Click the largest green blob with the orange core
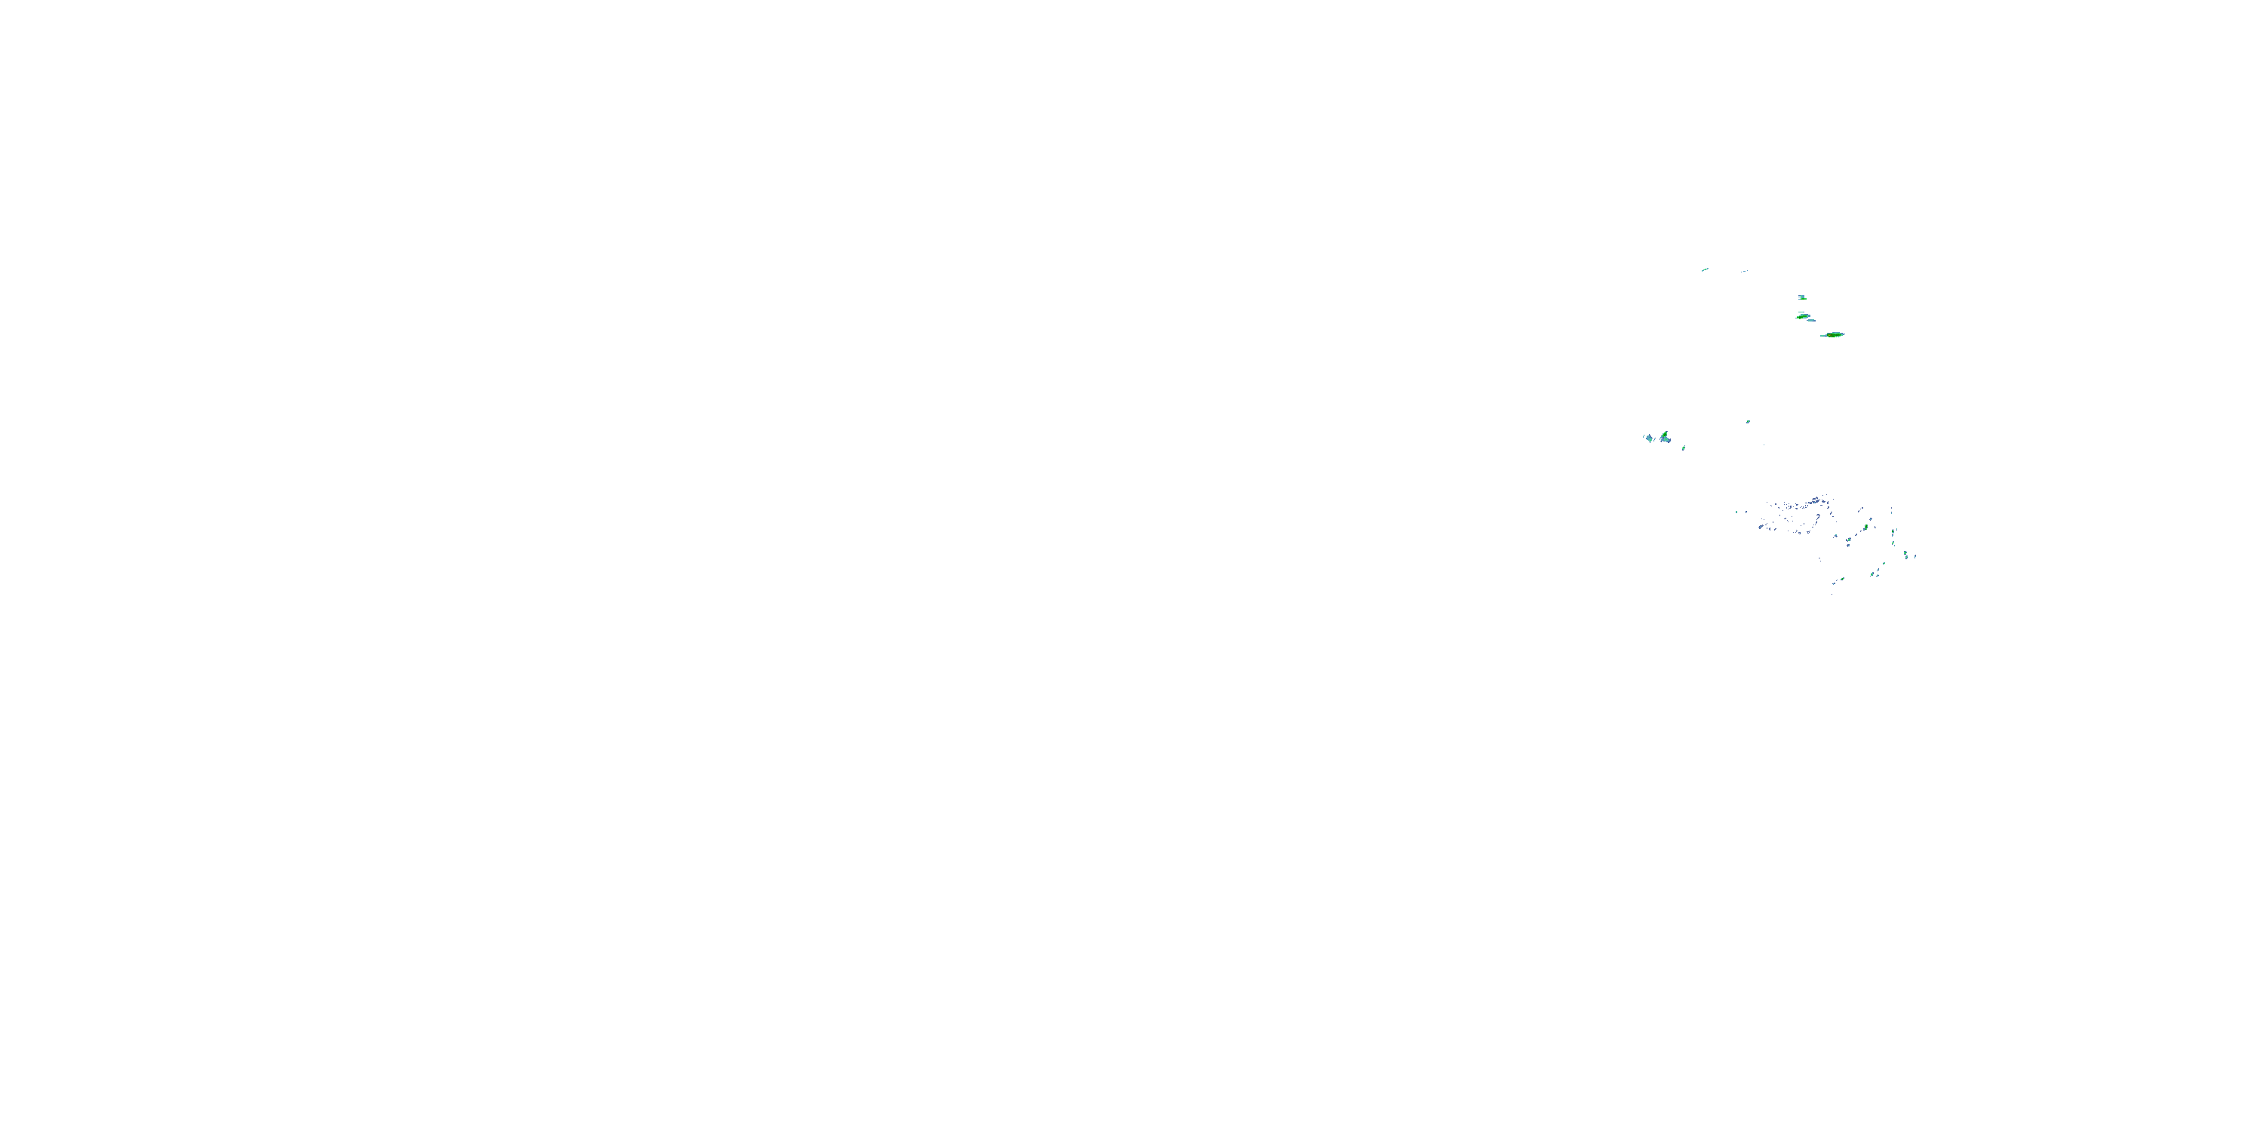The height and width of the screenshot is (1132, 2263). (1835, 336)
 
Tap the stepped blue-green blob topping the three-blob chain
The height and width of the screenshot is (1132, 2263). (1803, 298)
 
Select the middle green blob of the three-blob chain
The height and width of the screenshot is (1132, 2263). (1804, 317)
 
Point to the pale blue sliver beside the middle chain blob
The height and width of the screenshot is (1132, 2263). (1811, 321)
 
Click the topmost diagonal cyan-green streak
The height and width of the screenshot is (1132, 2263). (1705, 270)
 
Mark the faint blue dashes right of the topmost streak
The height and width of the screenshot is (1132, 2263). (1745, 272)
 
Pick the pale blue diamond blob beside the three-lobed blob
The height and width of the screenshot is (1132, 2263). (1649, 438)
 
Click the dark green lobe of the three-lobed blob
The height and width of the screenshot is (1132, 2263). (1665, 435)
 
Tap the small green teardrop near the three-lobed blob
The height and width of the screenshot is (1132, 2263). (1683, 448)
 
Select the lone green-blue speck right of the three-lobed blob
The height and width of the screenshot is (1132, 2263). (1749, 422)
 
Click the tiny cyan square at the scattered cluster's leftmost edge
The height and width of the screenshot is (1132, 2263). (1736, 512)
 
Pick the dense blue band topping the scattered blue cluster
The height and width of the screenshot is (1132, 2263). (1816, 502)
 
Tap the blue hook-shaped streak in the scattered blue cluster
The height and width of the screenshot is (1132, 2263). (1819, 518)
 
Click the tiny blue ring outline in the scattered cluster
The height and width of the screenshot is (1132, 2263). (1800, 534)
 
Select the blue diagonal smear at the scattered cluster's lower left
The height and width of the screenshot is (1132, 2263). (1761, 528)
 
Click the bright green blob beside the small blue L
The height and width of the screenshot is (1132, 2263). (1866, 528)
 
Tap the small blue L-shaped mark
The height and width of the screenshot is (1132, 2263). (1875, 528)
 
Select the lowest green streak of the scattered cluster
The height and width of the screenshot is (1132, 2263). (1842, 579)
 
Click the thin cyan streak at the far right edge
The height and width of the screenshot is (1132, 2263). (1915, 557)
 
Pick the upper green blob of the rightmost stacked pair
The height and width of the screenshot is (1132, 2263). (1905, 553)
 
